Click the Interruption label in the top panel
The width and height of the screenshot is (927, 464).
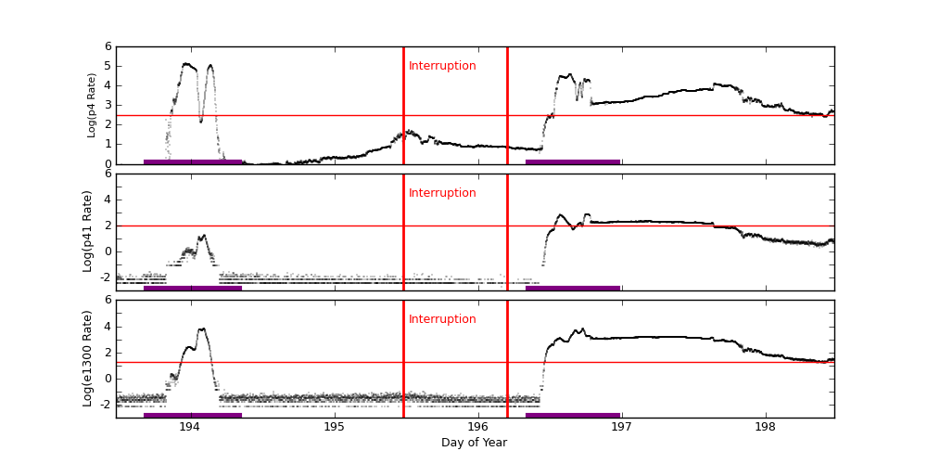(442, 66)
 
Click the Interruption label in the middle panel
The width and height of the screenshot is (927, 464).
(442, 193)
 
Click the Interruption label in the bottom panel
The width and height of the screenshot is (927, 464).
(442, 319)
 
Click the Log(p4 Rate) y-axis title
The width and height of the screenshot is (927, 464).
(92, 105)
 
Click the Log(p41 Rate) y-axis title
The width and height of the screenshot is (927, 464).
(88, 231)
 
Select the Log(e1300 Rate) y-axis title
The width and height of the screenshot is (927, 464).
(88, 358)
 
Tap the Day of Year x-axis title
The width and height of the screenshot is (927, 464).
(474, 443)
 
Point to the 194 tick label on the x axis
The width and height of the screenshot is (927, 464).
(189, 427)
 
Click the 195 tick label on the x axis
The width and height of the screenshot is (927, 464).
(334, 427)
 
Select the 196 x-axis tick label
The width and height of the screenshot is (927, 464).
(477, 427)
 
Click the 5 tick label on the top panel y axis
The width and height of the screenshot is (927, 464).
(108, 66)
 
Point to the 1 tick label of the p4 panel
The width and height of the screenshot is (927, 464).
(108, 144)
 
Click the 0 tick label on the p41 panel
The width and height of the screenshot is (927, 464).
(108, 251)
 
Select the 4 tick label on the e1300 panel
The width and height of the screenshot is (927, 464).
(108, 326)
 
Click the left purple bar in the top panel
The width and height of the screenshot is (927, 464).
(193, 161)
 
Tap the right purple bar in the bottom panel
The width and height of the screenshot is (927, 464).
(573, 415)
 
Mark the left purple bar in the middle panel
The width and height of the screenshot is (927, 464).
(193, 288)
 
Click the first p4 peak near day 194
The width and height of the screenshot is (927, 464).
(187, 64)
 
